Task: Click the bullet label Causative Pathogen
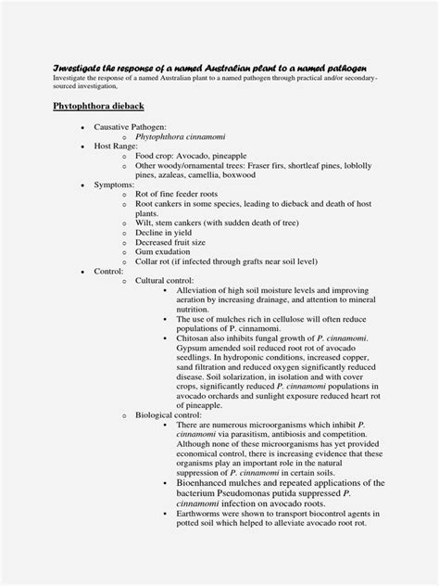click(130, 126)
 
